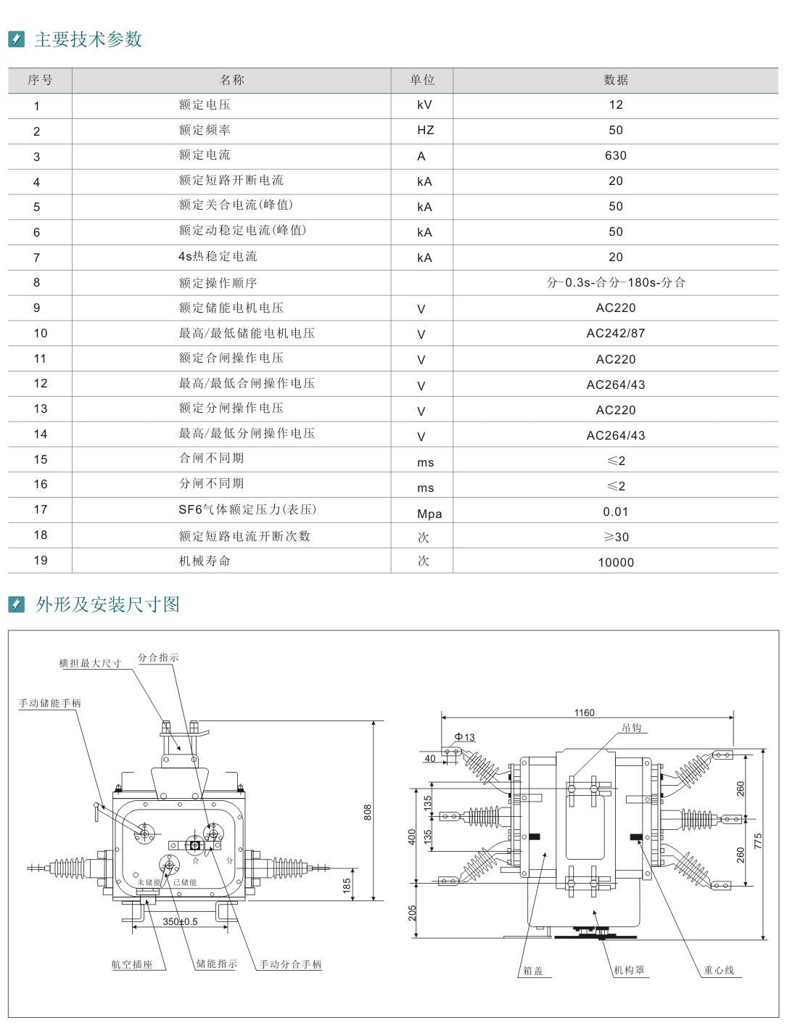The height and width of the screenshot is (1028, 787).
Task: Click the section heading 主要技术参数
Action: [88, 39]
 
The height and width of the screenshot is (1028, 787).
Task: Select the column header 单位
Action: [422, 80]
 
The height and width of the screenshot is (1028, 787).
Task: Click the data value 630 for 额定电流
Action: [615, 155]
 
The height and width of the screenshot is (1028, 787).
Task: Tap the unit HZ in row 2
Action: [425, 130]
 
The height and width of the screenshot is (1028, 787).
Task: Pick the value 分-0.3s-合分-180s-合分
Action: [615, 282]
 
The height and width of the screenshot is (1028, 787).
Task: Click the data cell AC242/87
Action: [615, 333]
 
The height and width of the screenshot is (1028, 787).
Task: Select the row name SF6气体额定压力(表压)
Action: [247, 509]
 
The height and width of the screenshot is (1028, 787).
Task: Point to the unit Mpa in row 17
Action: [429, 514]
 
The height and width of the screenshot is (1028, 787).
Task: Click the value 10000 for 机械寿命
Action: [615, 562]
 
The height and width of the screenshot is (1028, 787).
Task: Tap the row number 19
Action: [41, 560]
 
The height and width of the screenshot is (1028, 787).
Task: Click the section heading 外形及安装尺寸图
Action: [107, 604]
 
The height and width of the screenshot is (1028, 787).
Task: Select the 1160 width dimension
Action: [584, 712]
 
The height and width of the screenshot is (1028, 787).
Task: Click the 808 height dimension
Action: [368, 812]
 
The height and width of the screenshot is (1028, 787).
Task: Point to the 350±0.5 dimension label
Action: [180, 921]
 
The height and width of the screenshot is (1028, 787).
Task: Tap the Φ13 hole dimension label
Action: [464, 737]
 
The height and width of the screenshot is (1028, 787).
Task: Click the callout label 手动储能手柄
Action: [50, 703]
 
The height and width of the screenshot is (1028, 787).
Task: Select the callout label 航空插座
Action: [132, 965]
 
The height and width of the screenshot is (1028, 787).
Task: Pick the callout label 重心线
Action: [719, 970]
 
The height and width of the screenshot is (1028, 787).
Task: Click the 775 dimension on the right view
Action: [758, 842]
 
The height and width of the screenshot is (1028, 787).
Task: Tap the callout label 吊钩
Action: [631, 728]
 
